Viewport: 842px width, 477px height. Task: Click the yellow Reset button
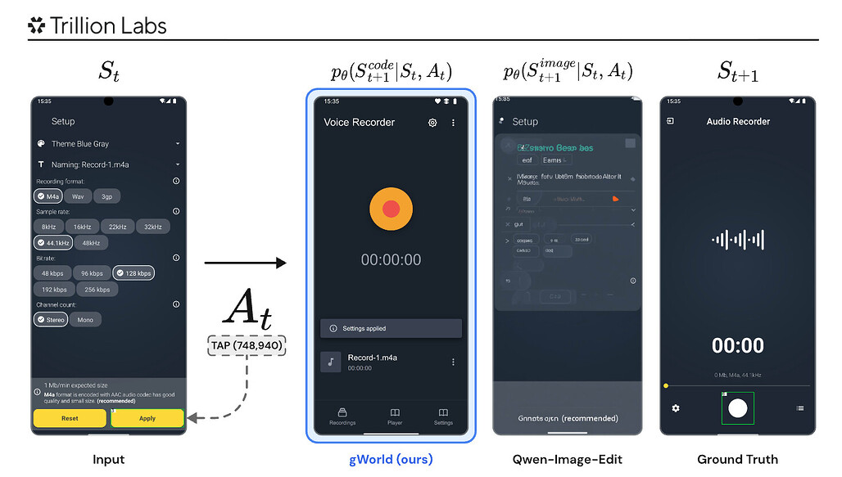tap(70, 418)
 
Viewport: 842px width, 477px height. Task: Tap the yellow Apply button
tap(147, 418)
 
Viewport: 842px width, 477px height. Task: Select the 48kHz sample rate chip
tap(91, 243)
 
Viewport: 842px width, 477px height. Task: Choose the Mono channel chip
tap(85, 320)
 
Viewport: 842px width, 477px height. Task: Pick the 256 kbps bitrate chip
tap(97, 290)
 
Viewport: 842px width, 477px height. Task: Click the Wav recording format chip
tap(78, 196)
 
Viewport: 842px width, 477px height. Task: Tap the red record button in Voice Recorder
tap(391, 209)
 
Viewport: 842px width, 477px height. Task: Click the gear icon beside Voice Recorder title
tap(432, 123)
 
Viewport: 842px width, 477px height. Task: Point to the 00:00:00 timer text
tap(391, 260)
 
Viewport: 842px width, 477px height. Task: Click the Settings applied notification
tap(391, 328)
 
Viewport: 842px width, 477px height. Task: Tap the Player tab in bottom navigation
tap(395, 416)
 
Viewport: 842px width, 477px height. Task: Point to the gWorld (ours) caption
tap(391, 459)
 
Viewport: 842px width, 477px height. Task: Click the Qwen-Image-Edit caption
tap(567, 459)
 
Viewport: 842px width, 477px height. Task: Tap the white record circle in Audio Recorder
tap(738, 407)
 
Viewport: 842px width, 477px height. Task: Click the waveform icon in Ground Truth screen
tap(738, 240)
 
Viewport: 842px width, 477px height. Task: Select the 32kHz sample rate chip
tap(153, 227)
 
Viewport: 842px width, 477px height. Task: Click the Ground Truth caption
tap(738, 459)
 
